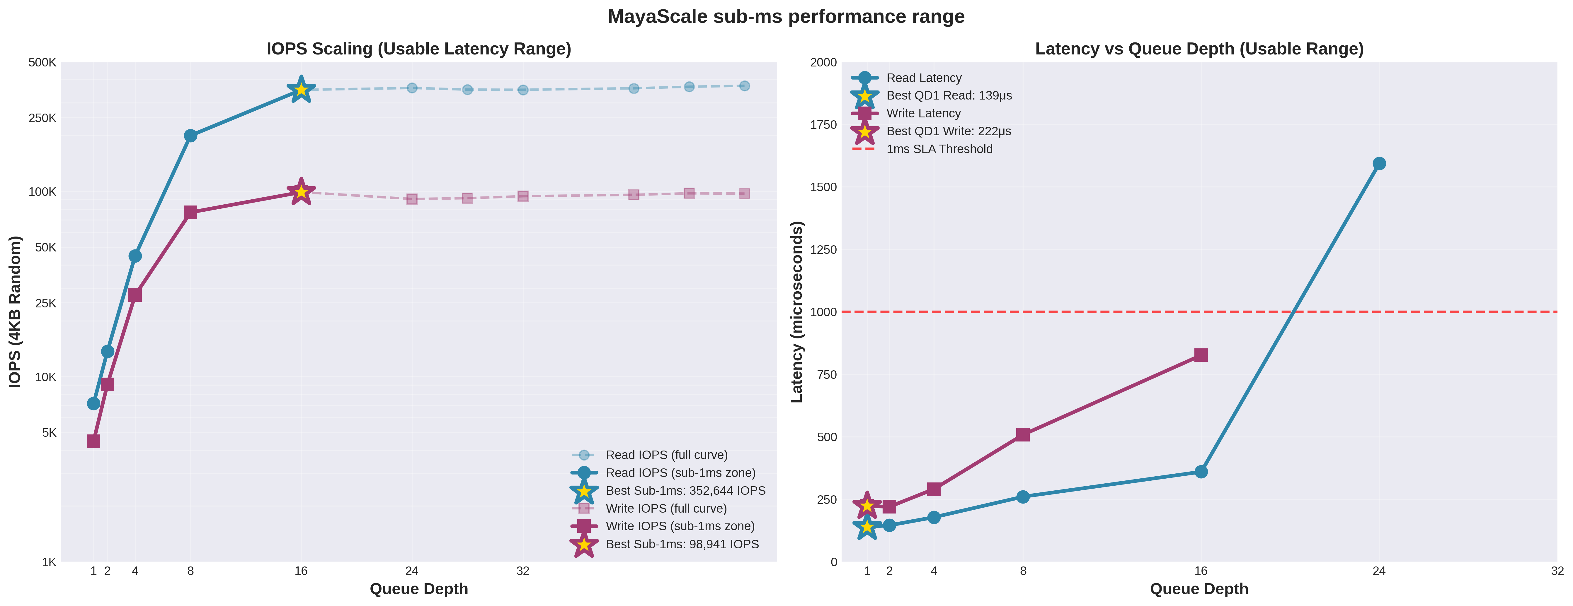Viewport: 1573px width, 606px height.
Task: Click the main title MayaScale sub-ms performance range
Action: (786, 16)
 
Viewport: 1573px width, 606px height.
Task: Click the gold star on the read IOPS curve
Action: (301, 90)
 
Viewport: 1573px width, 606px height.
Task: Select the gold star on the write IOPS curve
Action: (301, 192)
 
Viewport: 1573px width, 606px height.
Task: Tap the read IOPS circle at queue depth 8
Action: (190, 136)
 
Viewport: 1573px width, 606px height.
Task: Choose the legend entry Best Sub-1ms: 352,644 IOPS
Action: (685, 491)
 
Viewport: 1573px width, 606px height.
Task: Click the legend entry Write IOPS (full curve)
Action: (665, 508)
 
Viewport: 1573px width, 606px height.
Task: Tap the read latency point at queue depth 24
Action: (1379, 164)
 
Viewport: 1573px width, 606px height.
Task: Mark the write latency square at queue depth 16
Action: (1201, 355)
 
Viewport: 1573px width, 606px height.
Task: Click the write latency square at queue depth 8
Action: (1023, 434)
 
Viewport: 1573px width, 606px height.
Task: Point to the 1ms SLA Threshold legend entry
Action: (939, 149)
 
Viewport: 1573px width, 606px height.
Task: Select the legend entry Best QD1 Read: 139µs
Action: (949, 96)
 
